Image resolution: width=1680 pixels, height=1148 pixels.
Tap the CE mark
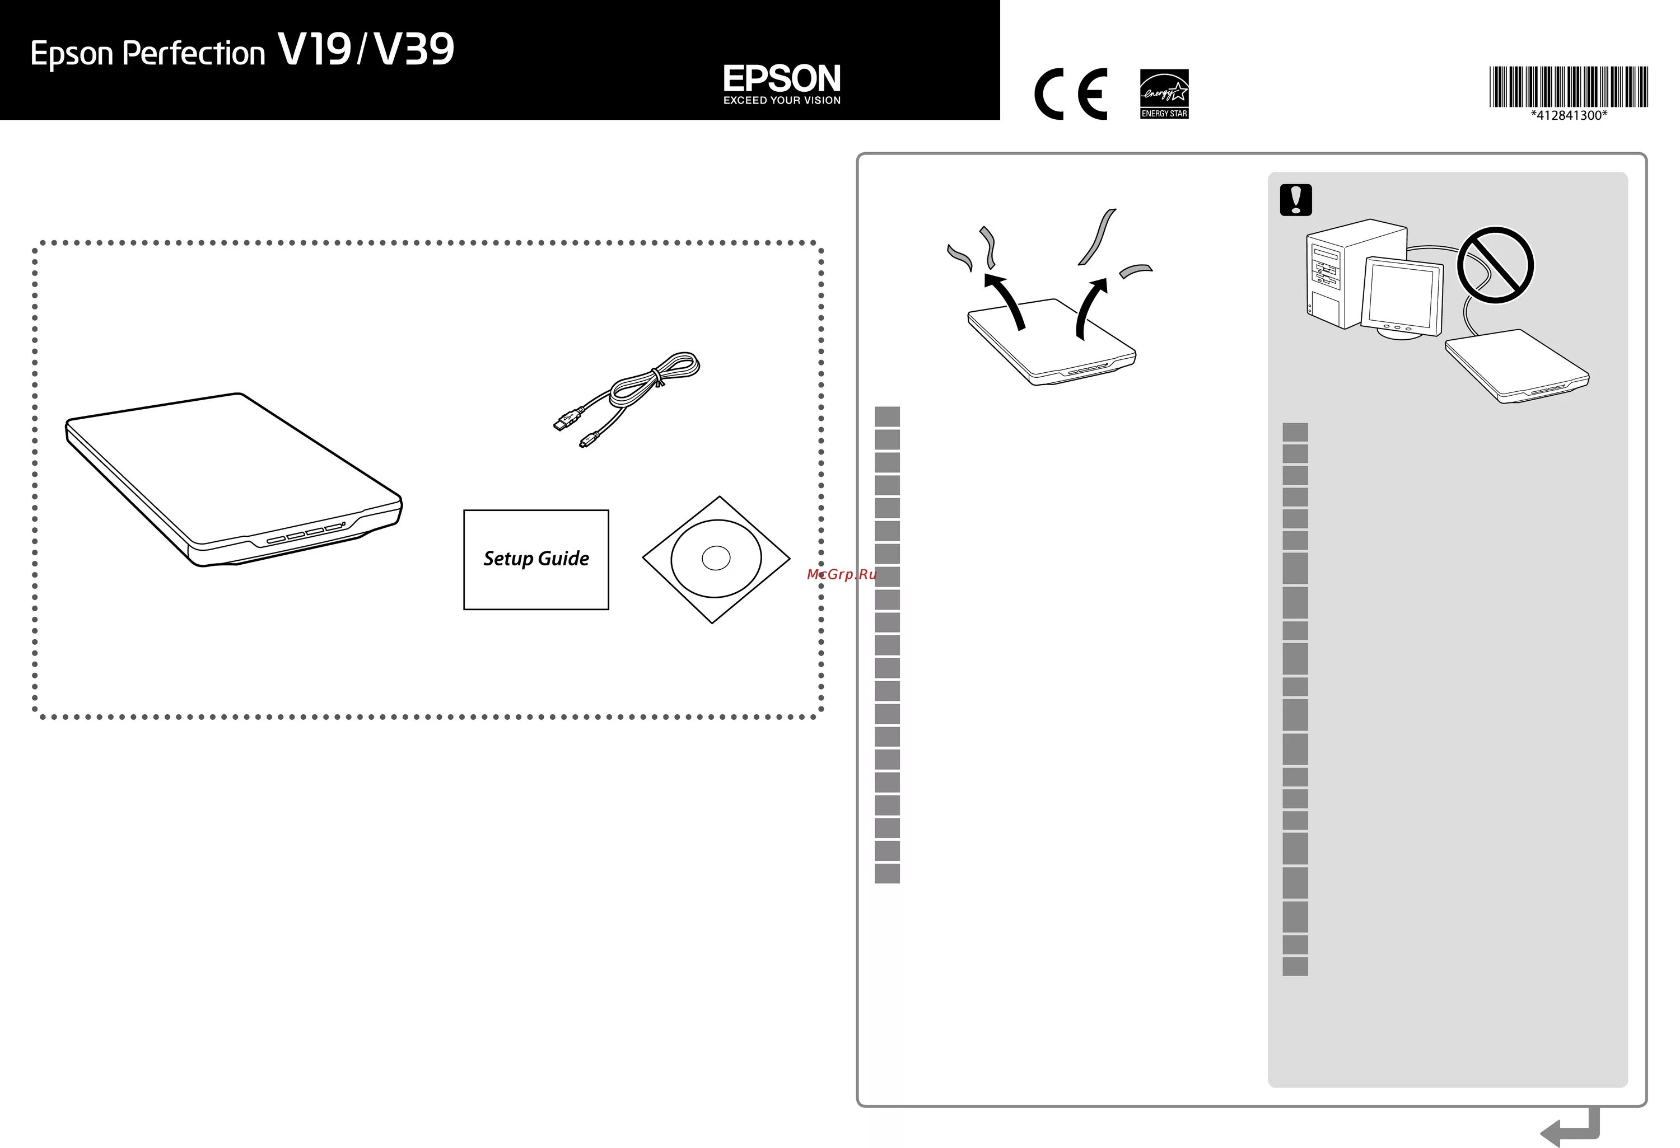(x=1071, y=94)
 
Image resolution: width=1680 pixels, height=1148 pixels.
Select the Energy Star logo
(x=1164, y=93)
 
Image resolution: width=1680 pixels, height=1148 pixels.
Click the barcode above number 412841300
(x=1568, y=86)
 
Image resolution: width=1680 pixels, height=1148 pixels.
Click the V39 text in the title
(x=414, y=50)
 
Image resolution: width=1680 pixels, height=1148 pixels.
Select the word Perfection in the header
(x=194, y=54)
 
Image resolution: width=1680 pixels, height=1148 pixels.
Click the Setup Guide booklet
(x=536, y=559)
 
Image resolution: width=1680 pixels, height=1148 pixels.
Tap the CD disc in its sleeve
(x=716, y=559)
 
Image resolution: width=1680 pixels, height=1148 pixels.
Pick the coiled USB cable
(x=629, y=397)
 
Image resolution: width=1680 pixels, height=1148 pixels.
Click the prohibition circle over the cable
(x=1495, y=264)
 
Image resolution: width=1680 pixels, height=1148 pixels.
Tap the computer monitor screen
(x=1401, y=296)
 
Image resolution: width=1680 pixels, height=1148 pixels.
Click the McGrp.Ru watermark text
(x=842, y=574)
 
